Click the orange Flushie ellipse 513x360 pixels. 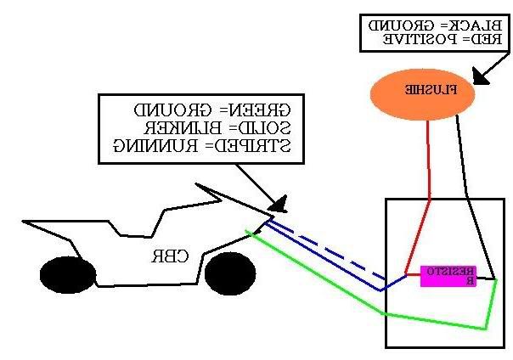421,90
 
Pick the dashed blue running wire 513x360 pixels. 340,253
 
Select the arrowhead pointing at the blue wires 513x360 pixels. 277,204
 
